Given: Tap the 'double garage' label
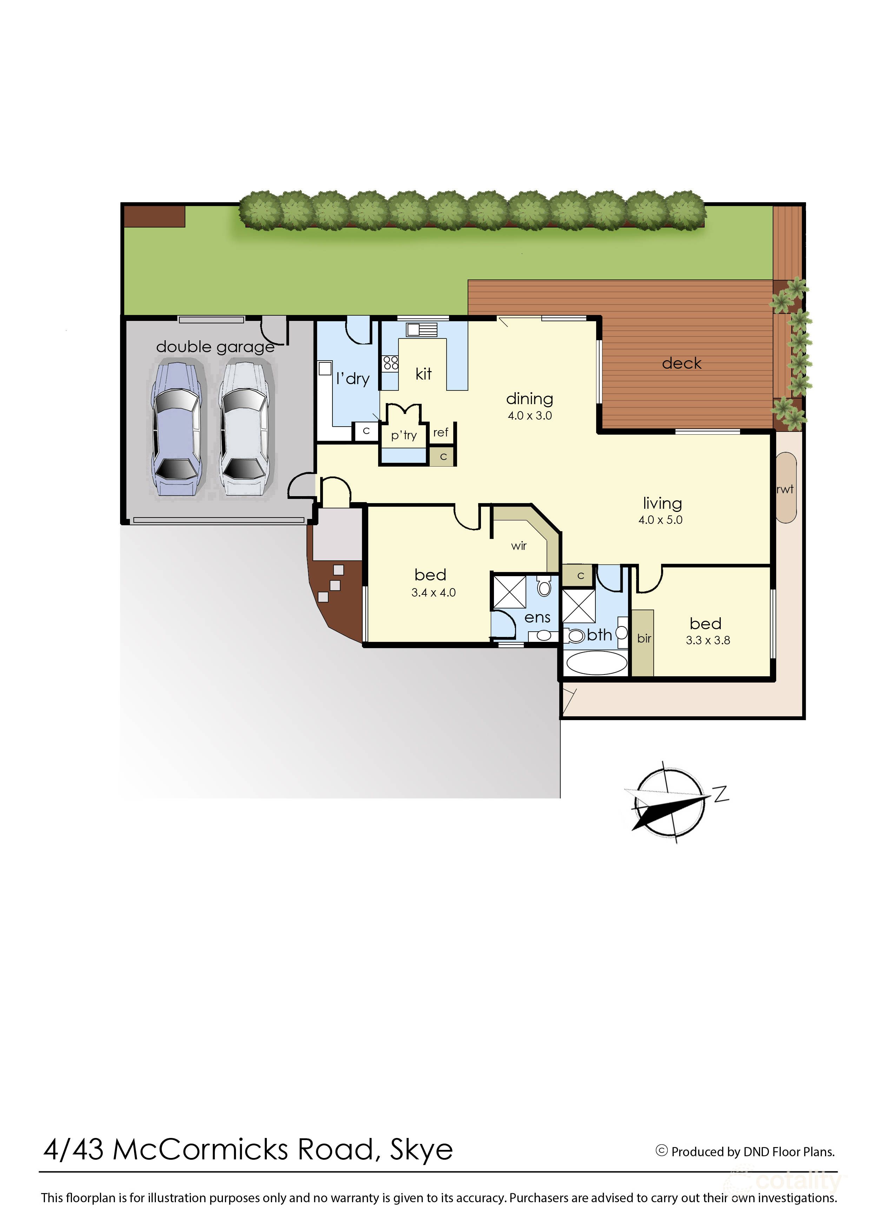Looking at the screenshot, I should pos(215,347).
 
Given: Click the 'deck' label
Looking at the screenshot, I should pos(681,364).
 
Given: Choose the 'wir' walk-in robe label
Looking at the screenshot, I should pos(519,546).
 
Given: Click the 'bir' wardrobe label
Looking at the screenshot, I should pos(644,638).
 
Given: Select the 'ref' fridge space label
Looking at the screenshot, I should pos(440,432).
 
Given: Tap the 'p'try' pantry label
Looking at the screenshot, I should pos(404,435).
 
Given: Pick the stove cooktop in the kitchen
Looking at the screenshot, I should pos(390,363).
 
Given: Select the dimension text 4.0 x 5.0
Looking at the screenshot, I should pos(660,520).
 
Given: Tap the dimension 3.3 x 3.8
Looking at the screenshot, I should pos(707,640).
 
